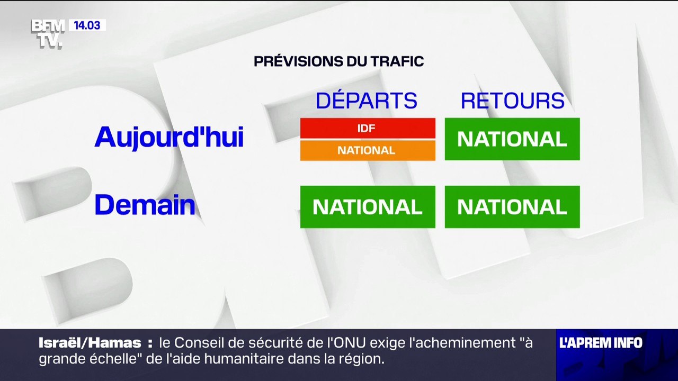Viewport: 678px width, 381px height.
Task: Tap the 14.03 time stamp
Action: pos(87,25)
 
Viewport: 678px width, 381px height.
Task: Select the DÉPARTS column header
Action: pos(367,101)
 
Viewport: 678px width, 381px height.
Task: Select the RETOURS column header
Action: pos(512,101)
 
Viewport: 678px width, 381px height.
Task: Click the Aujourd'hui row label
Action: pos(169,138)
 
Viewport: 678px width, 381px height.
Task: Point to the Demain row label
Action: pos(145,205)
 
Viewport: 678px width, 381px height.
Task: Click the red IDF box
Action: pos(368,128)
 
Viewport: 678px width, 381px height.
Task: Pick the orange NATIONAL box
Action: pos(368,150)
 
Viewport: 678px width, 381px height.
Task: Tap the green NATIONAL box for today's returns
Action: pos(512,139)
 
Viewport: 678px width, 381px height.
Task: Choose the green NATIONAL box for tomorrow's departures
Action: pos(368,207)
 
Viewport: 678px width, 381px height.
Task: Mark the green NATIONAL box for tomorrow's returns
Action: pos(512,207)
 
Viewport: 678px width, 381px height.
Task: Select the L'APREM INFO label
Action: pos(601,343)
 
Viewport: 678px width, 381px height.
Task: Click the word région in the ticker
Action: pos(361,359)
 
